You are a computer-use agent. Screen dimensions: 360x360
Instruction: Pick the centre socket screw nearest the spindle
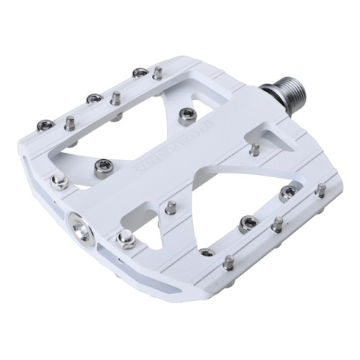(187, 114)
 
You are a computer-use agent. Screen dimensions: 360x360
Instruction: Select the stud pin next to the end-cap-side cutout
(170, 207)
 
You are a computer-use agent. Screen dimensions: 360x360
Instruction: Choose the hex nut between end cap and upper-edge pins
(58, 181)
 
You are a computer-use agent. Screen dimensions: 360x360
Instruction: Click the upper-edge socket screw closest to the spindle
(140, 73)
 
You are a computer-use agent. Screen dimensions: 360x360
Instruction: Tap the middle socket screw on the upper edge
(93, 99)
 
